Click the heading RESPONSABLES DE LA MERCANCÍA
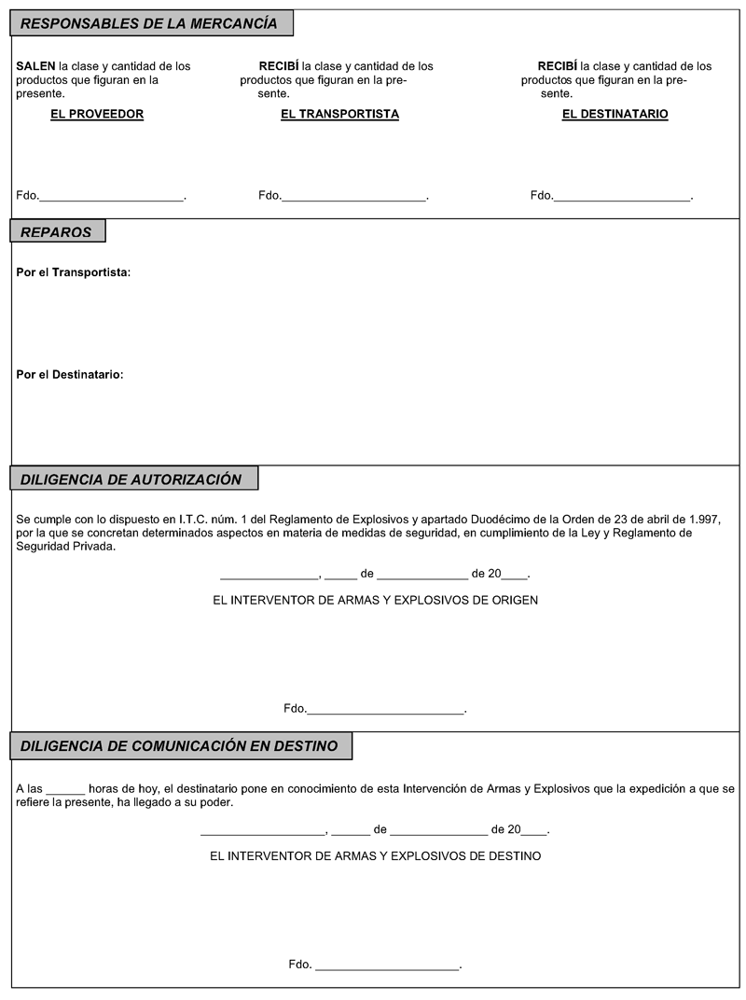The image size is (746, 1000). click(x=149, y=23)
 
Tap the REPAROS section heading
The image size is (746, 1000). click(x=56, y=232)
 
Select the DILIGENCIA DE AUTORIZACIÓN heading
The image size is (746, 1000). click(x=131, y=479)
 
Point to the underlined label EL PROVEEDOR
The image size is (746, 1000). click(x=97, y=115)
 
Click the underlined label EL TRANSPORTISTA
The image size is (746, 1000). click(x=339, y=115)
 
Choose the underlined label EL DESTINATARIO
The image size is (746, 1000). click(x=615, y=115)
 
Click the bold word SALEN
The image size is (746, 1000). click(x=35, y=66)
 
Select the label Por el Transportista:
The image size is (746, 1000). click(x=74, y=272)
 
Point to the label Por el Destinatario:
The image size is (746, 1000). click(x=70, y=375)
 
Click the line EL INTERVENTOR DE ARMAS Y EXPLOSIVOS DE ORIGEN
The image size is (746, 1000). click(x=376, y=601)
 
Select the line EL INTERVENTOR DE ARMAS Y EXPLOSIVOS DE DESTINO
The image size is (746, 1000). click(x=376, y=855)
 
